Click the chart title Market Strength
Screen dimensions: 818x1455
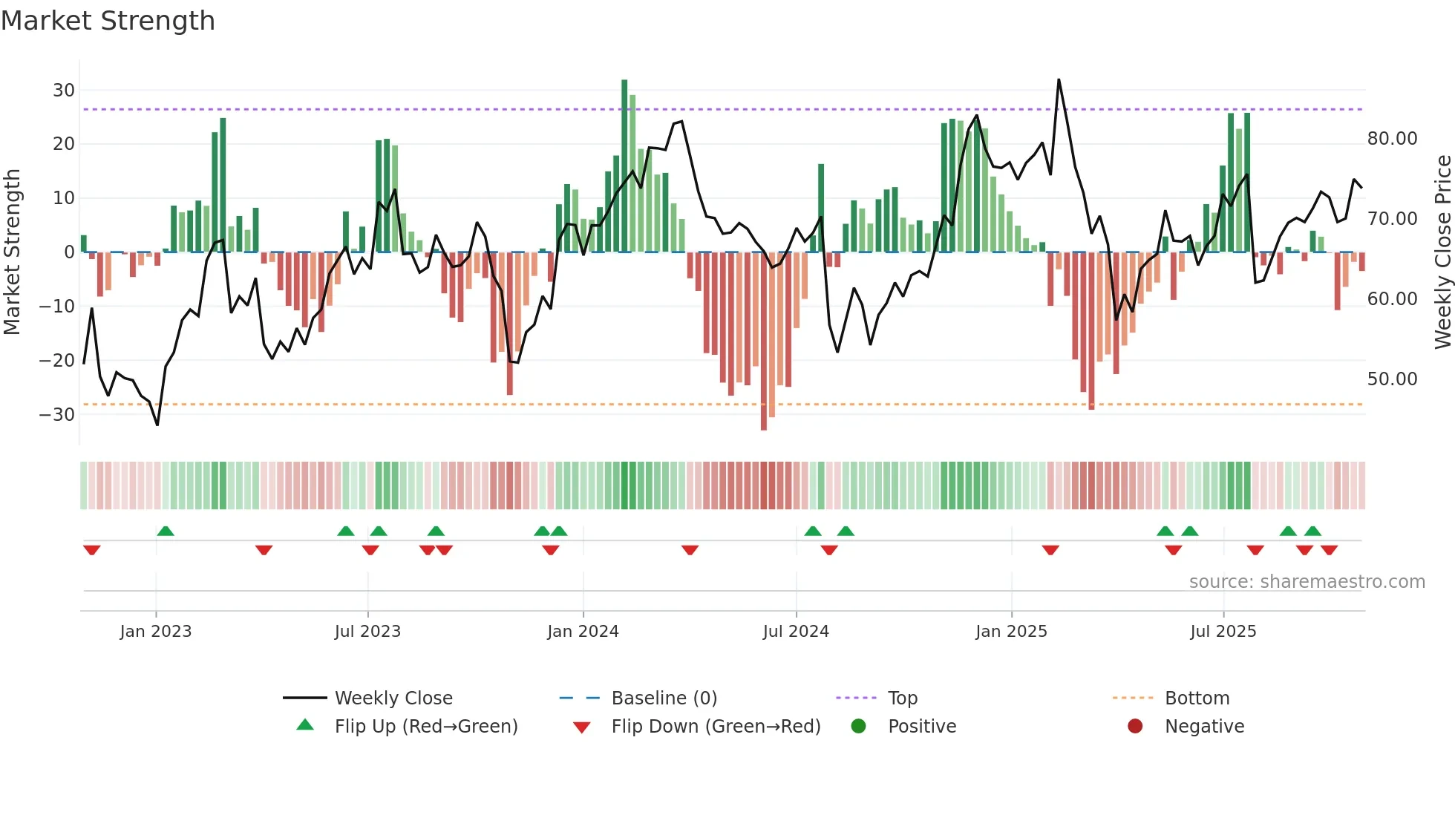point(108,21)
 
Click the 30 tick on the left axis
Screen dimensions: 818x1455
point(64,91)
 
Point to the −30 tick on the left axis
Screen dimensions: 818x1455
point(58,414)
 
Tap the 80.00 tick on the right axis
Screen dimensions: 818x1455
point(1392,139)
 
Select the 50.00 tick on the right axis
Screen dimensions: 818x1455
point(1392,379)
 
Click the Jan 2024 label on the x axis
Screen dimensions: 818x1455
point(583,632)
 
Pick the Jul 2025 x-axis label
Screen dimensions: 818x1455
point(1223,632)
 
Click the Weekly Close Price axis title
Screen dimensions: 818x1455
point(1442,252)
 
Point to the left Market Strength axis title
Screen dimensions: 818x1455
point(12,252)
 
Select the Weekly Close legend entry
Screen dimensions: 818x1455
point(393,698)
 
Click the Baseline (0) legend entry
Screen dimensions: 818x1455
point(664,698)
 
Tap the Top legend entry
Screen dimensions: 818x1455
point(902,698)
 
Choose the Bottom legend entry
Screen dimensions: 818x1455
point(1197,698)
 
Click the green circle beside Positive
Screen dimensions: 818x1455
point(858,727)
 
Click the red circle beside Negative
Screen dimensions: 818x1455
point(1134,727)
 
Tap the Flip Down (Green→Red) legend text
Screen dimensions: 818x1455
point(716,727)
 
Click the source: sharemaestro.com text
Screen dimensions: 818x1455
point(1307,582)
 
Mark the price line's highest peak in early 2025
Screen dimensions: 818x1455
point(1059,80)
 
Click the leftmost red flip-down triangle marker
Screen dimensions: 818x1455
point(92,550)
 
